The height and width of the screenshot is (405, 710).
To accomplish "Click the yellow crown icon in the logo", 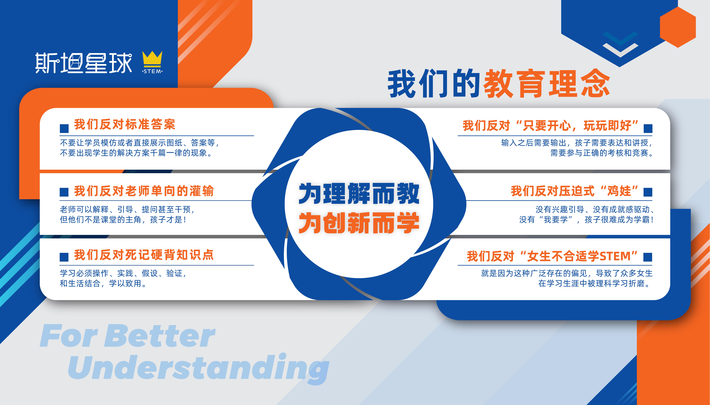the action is tap(152, 59).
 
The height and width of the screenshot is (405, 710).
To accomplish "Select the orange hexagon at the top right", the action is tap(678, 27).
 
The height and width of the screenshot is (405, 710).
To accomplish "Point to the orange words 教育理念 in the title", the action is tap(547, 83).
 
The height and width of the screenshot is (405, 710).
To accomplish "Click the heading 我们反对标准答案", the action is tap(125, 124).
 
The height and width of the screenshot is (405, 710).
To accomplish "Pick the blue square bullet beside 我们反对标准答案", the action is tap(64, 128).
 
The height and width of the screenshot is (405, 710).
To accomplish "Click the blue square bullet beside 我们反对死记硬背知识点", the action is tap(64, 257).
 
